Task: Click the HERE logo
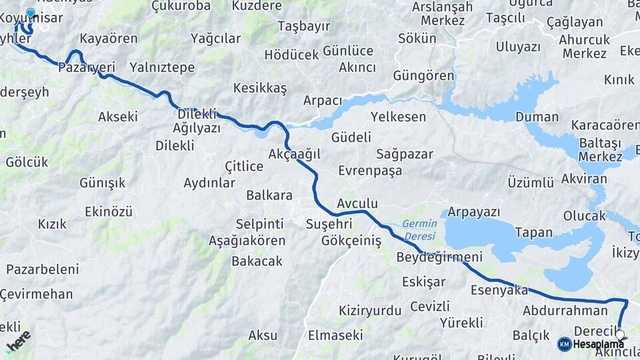tap(19, 341)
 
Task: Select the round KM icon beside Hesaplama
tap(564, 344)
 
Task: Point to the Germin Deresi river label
tap(419, 230)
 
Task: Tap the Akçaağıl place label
tap(294, 154)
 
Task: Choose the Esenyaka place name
tap(499, 290)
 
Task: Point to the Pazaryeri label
tap(87, 67)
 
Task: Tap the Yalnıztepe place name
tap(163, 67)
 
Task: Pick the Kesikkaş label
tap(260, 88)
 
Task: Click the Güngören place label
tap(423, 75)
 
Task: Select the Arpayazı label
tap(474, 212)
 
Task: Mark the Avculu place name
tap(357, 203)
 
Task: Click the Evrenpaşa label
tap(370, 171)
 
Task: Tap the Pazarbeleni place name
tap(43, 269)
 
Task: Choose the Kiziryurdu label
tap(370, 310)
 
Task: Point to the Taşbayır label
tap(303, 27)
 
